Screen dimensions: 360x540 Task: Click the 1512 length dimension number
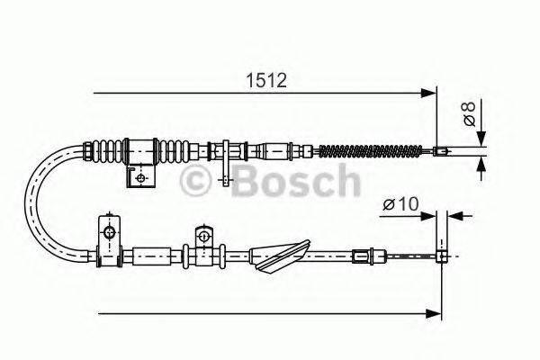pos(266,81)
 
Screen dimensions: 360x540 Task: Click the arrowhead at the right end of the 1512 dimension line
pos(428,91)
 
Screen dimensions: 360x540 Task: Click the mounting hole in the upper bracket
pos(139,177)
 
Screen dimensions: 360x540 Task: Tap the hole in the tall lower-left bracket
pos(108,234)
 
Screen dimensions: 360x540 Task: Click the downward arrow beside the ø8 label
pos(481,138)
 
